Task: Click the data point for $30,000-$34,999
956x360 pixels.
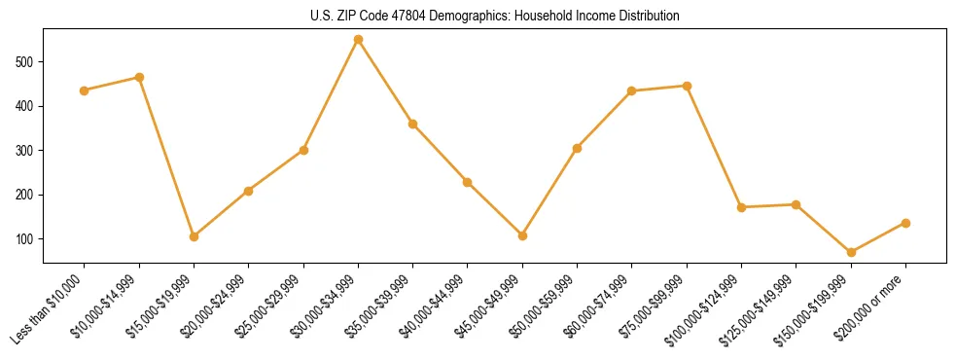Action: click(358, 40)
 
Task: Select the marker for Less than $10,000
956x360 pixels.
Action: click(85, 90)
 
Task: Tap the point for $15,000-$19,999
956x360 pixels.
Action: click(194, 236)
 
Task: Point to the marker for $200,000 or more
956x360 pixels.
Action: click(905, 223)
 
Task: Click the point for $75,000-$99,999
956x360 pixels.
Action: click(687, 86)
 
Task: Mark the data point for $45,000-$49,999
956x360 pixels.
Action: click(522, 235)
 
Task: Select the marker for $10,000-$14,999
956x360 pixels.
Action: click(139, 77)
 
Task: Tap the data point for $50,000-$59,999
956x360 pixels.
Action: click(578, 148)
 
